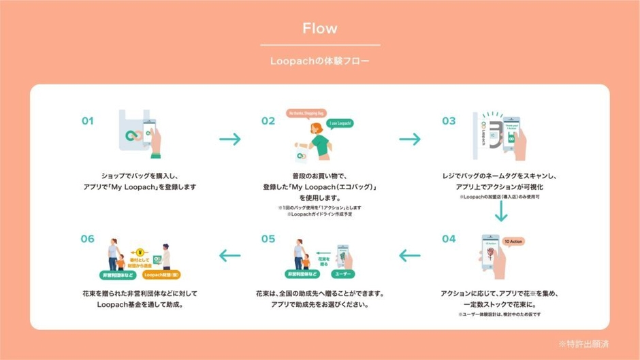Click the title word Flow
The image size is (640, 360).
click(319, 29)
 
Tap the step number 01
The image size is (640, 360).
click(88, 121)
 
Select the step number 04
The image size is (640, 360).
click(449, 239)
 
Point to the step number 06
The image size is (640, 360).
click(88, 239)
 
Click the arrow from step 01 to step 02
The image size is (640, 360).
click(230, 140)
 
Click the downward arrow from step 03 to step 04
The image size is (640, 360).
click(501, 211)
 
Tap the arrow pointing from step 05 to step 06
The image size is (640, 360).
click(230, 256)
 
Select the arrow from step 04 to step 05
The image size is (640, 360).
click(410, 256)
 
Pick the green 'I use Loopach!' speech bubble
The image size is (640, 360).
click(340, 123)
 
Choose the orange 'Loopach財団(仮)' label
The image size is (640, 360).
click(162, 276)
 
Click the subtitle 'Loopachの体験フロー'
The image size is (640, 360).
click(319, 61)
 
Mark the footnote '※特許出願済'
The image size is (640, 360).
click(583, 344)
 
